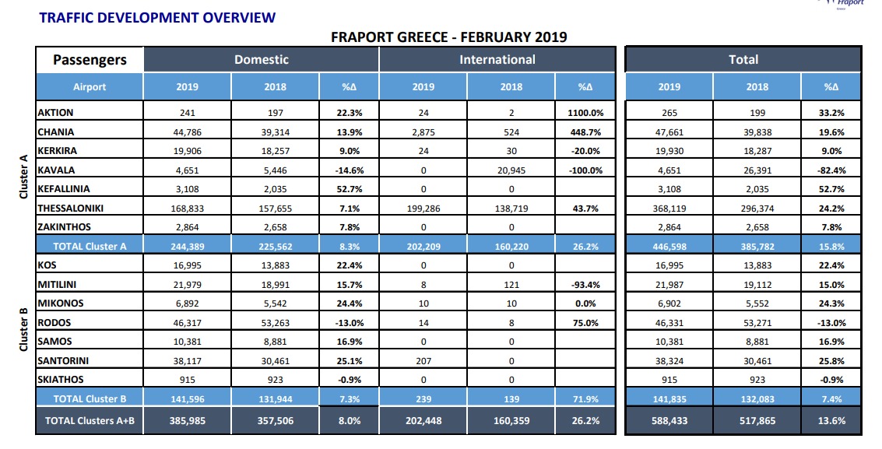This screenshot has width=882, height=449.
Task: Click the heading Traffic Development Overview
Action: tap(146, 17)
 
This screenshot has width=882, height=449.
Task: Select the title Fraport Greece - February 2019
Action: tap(448, 37)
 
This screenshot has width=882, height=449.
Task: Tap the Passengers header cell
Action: tap(90, 60)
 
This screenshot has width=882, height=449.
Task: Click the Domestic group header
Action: tap(262, 60)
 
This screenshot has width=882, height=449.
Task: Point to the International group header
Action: tap(497, 60)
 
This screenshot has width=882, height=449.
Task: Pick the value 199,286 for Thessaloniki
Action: tap(423, 208)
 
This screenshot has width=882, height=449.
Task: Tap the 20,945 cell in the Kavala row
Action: tap(511, 170)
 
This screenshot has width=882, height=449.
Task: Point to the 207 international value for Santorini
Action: tap(423, 360)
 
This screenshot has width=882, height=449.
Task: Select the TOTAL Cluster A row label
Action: tap(90, 246)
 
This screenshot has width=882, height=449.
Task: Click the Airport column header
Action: tap(90, 87)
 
